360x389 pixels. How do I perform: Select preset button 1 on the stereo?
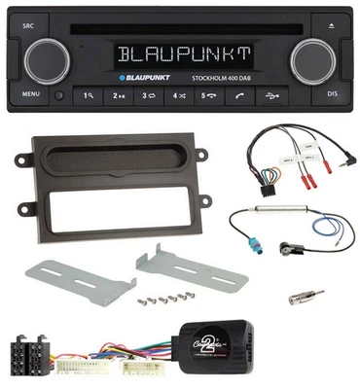90,95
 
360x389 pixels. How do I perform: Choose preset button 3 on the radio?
149,95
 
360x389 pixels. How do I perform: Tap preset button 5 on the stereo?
207,95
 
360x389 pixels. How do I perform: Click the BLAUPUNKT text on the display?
181,50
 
